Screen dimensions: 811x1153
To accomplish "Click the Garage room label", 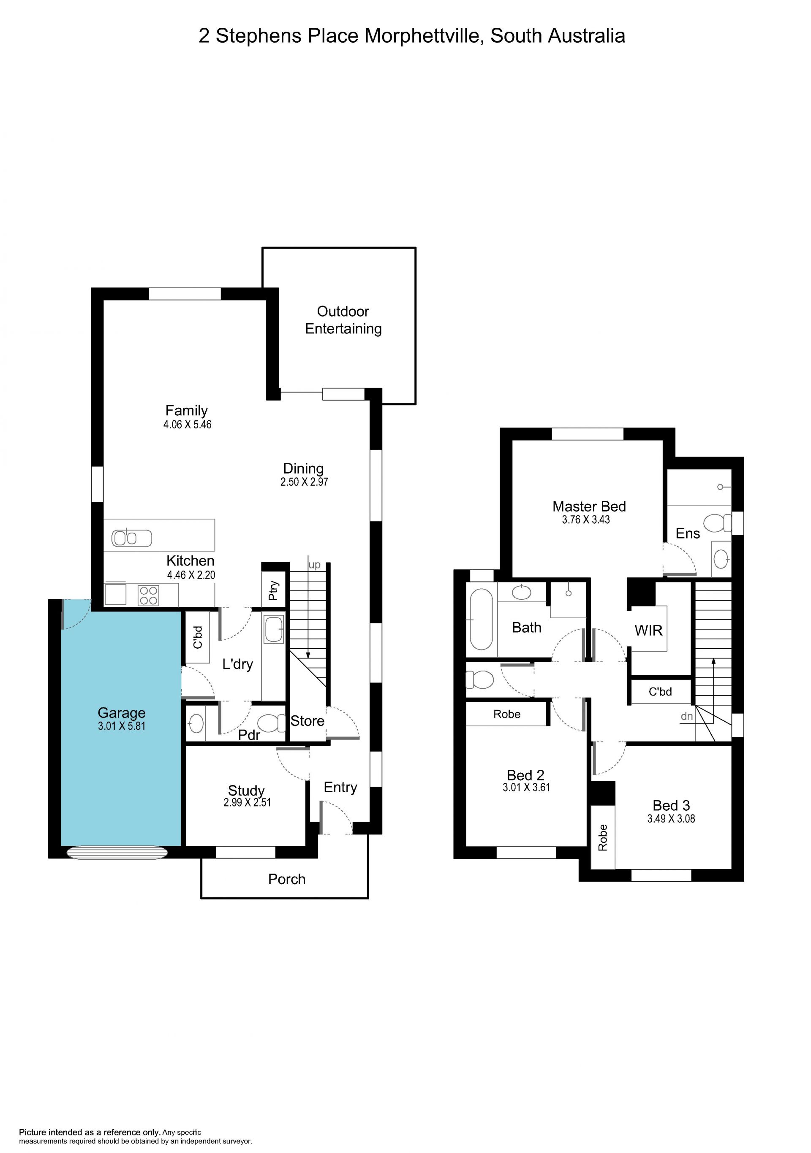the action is tap(122, 712).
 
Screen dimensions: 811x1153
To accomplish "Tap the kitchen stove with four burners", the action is tap(148, 595).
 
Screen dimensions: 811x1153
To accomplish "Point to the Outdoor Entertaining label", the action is tap(343, 320).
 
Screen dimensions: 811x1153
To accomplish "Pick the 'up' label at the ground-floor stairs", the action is tap(315, 565).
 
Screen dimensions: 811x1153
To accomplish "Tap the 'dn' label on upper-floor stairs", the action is tap(687, 717).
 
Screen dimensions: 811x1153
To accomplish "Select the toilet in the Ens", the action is tap(718, 523).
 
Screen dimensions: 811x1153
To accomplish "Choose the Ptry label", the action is tap(273, 590).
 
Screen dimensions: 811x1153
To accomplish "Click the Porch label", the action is tap(287, 879).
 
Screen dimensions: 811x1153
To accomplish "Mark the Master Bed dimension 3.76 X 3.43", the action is tap(586, 520).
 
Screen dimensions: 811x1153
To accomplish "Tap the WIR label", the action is tap(649, 630).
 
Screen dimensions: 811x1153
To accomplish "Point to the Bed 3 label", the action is tap(671, 805).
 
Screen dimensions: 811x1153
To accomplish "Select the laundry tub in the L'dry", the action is tap(274, 630).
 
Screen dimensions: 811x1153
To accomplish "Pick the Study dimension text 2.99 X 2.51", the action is tap(247, 802).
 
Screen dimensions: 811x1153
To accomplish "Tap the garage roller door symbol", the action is tap(117, 853).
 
